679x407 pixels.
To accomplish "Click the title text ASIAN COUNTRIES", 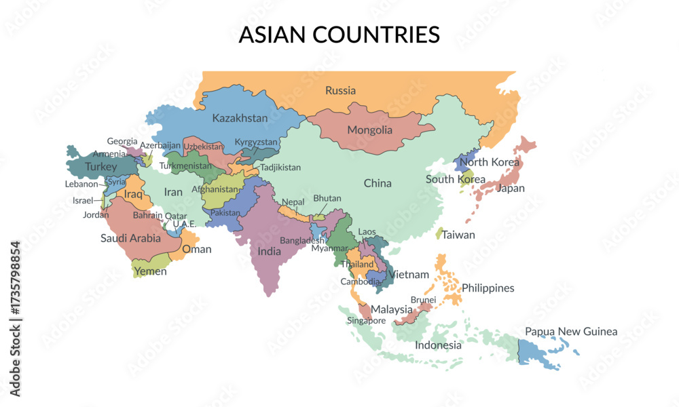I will click(x=339, y=35).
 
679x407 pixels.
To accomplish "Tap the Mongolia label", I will click(x=369, y=130).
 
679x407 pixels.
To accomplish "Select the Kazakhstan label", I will click(x=240, y=118).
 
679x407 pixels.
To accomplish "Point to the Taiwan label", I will click(x=458, y=235).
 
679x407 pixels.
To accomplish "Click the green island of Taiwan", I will click(x=439, y=233).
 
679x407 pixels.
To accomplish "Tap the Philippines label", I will click(x=488, y=288).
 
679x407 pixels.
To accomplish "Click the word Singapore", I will click(x=367, y=321).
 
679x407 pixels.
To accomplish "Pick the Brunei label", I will click(x=423, y=299).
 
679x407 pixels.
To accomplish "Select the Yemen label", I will click(x=150, y=271).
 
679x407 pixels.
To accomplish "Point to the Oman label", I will click(x=197, y=249).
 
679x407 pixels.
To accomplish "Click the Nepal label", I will click(x=293, y=202).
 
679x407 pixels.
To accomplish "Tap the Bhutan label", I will click(x=327, y=198).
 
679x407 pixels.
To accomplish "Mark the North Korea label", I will click(x=490, y=162).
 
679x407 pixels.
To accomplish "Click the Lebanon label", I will click(x=81, y=184).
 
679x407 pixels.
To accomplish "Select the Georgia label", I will click(x=122, y=141).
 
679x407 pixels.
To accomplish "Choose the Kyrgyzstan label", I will click(x=256, y=142).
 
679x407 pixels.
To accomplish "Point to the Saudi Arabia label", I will click(x=130, y=238).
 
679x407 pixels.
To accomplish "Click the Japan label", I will click(x=511, y=189).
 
